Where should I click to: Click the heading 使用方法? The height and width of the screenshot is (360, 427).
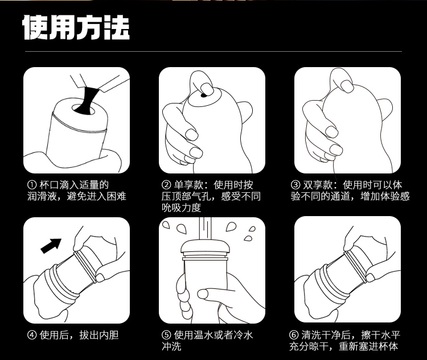point(76,27)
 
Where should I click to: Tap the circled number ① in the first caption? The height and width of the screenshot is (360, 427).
point(32,185)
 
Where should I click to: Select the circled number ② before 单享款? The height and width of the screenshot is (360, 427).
point(166,185)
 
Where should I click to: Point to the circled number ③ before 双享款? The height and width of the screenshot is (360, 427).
point(295,185)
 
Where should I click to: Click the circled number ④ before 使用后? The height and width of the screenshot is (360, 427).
point(32,335)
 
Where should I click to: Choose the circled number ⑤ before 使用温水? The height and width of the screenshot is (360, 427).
point(166,335)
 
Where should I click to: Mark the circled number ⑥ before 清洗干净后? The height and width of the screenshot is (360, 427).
point(294,335)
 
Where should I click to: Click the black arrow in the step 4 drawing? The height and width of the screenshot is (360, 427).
point(51,246)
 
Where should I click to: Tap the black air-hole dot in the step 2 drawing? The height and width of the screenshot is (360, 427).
point(203,95)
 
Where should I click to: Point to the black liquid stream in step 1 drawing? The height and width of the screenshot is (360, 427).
point(88,100)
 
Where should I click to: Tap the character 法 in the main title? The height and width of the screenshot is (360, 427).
point(117,27)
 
